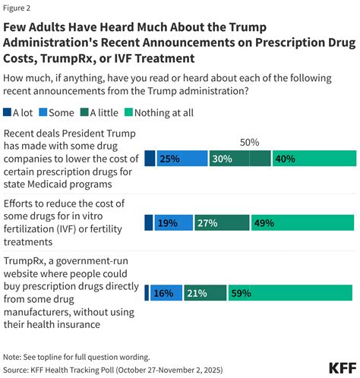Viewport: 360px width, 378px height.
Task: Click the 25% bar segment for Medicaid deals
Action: pyautogui.click(x=181, y=159)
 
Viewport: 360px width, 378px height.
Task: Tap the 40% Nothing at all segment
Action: pyautogui.click(x=313, y=159)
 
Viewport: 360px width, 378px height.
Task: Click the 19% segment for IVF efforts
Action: pyautogui.click(x=174, y=222)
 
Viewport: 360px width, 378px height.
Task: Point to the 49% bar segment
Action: pyautogui.click(x=302, y=222)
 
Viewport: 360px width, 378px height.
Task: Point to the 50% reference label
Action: pyautogui.click(x=250, y=141)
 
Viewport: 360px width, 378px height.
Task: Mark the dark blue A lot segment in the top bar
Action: pyautogui.click(x=150, y=159)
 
